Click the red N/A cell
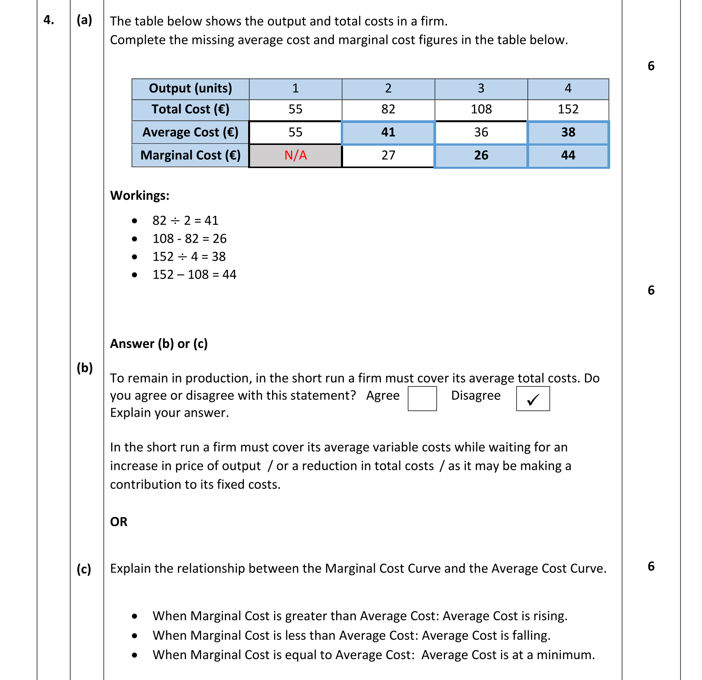click(x=295, y=155)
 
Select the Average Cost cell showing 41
click(x=388, y=132)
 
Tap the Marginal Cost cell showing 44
click(x=568, y=155)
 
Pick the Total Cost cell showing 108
click(x=481, y=109)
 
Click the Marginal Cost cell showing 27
click(x=388, y=155)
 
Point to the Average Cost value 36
click(x=481, y=132)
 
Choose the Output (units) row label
click(x=190, y=88)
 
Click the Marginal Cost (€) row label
click(x=190, y=155)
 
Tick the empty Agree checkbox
click(x=422, y=399)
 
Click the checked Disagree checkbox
click(x=533, y=399)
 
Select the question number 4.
click(x=49, y=20)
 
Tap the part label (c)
click(x=84, y=569)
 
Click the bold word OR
click(x=118, y=522)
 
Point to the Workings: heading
click(x=140, y=195)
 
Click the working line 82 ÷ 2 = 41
click(x=185, y=220)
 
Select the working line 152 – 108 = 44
click(x=194, y=274)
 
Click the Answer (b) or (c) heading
click(x=159, y=343)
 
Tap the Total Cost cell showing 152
click(x=568, y=109)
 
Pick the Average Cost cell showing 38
click(x=568, y=132)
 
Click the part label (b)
click(x=85, y=368)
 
